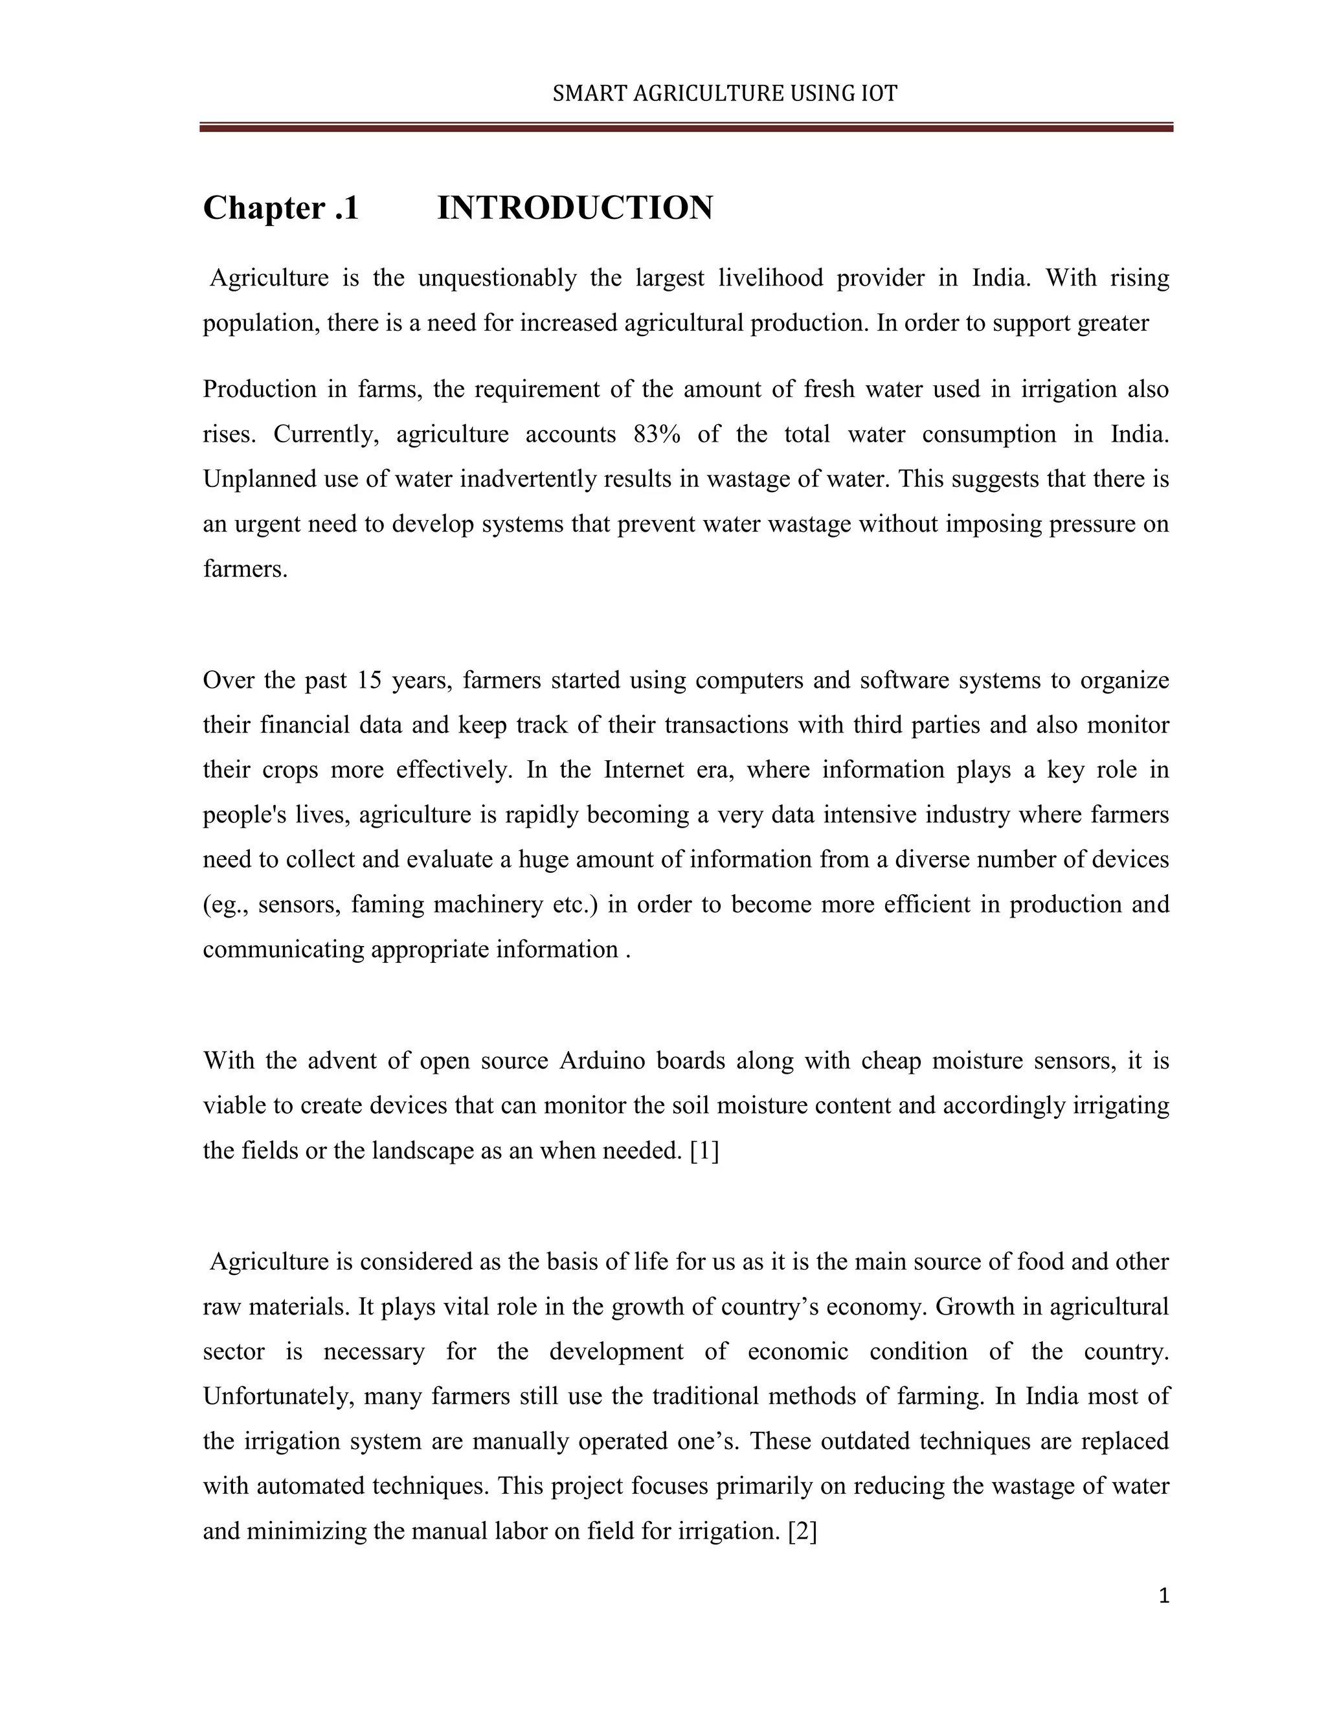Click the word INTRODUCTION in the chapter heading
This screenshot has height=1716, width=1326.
[574, 209]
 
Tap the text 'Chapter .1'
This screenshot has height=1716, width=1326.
[280, 209]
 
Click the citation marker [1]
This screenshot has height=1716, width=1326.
[704, 1151]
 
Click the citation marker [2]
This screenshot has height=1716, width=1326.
[802, 1531]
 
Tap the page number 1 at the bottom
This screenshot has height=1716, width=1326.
[1164, 1596]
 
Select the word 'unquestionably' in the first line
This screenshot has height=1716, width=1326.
[497, 278]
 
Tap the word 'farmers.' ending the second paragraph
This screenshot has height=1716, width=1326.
[245, 569]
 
